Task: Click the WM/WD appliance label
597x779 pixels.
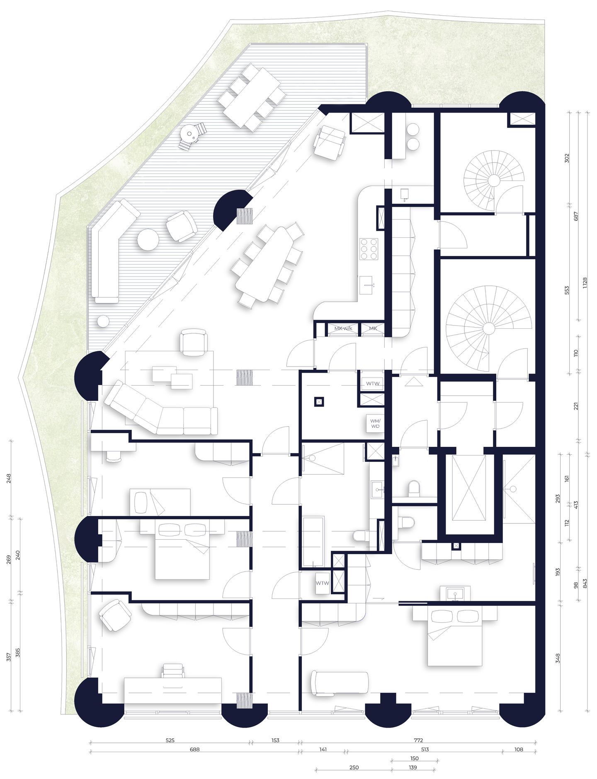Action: click(x=375, y=423)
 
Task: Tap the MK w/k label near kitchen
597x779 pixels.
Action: click(x=343, y=328)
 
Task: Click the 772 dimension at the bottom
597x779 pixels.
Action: click(x=418, y=740)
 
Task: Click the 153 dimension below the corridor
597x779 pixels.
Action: click(x=275, y=740)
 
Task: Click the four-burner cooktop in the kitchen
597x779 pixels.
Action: click(x=369, y=249)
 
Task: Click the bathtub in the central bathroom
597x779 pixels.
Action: click(x=313, y=541)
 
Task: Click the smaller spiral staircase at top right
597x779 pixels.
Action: click(x=493, y=181)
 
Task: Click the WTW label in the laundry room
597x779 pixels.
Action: click(x=372, y=383)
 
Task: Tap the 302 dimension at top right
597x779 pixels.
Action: click(x=567, y=158)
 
